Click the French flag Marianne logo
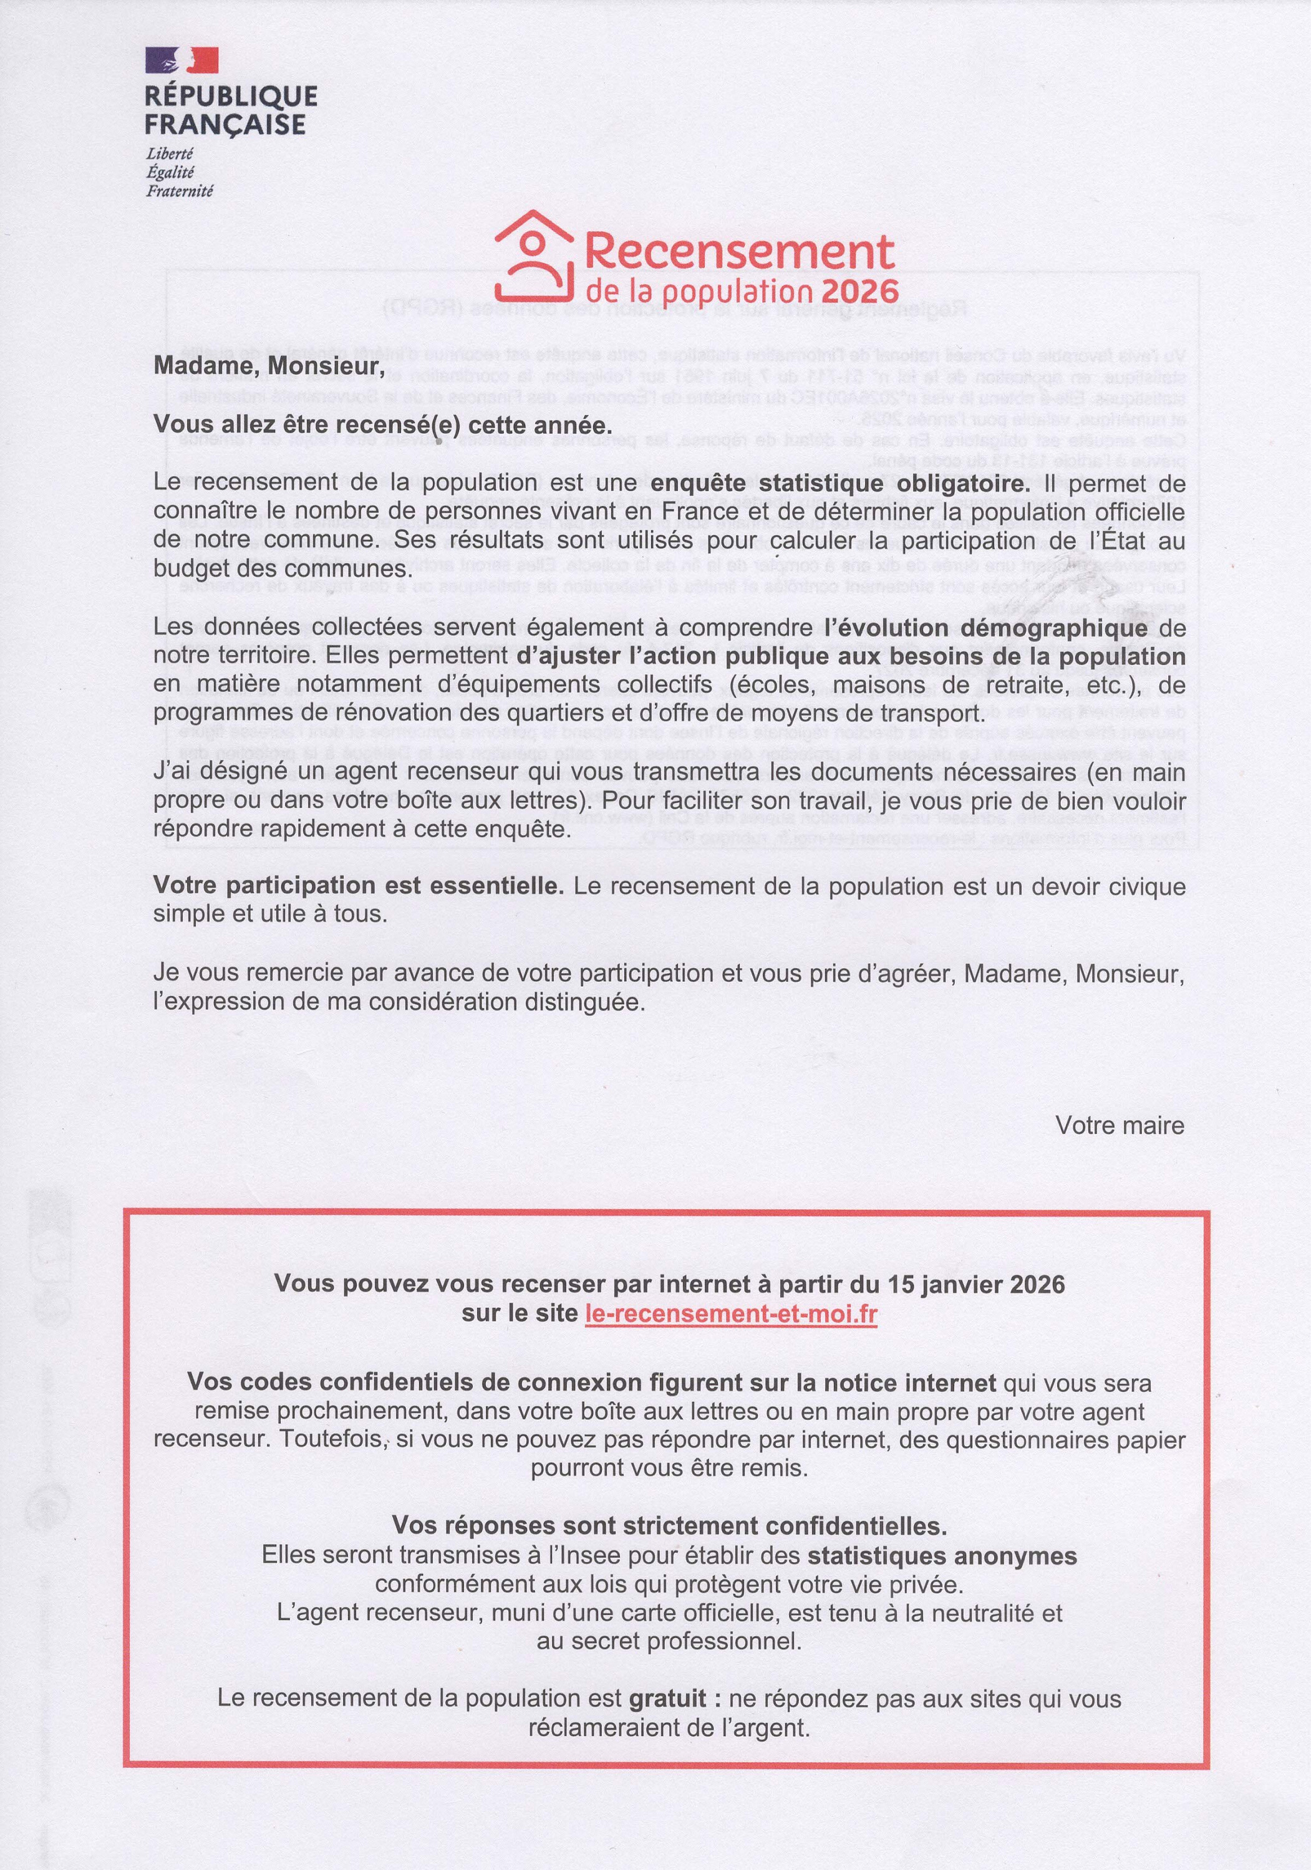[181, 59]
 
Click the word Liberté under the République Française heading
[170, 153]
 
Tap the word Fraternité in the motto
[179, 191]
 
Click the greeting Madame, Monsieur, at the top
[268, 367]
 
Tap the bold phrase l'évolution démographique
[986, 628]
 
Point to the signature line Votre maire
[1120, 1126]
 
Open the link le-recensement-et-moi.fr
[731, 1314]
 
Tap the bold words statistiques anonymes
[942, 1556]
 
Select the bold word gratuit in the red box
[667, 1699]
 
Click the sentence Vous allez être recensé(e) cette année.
[382, 425]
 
